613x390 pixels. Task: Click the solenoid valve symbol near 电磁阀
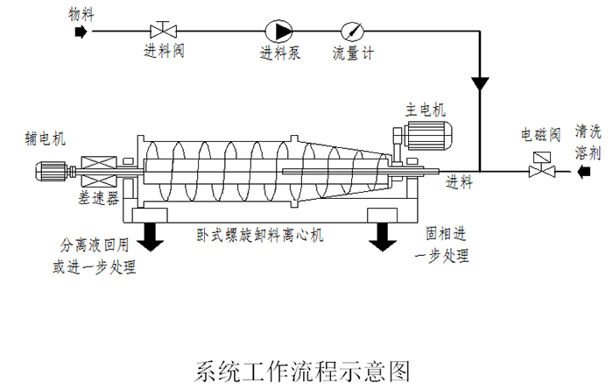(x=539, y=167)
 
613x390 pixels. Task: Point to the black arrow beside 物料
(x=81, y=32)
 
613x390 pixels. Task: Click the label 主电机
(x=424, y=110)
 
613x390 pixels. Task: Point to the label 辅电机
(x=46, y=138)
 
